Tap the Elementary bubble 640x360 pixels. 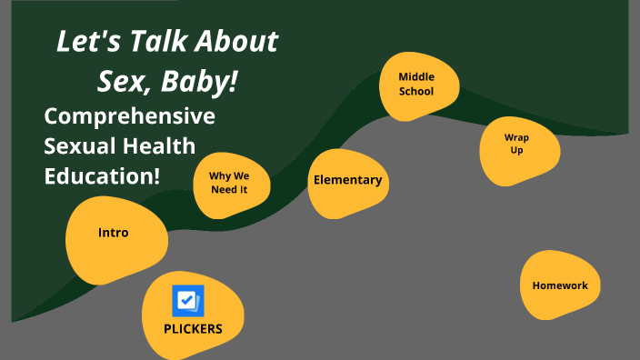click(x=347, y=180)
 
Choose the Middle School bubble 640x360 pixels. click(x=416, y=85)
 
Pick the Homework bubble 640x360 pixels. click(x=560, y=285)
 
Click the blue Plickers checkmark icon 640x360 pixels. click(x=188, y=301)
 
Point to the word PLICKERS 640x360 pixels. click(x=193, y=329)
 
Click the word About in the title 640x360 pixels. click(x=238, y=42)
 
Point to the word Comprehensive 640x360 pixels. click(x=129, y=117)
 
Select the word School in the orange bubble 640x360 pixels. click(x=416, y=92)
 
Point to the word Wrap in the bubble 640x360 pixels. click(x=517, y=137)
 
